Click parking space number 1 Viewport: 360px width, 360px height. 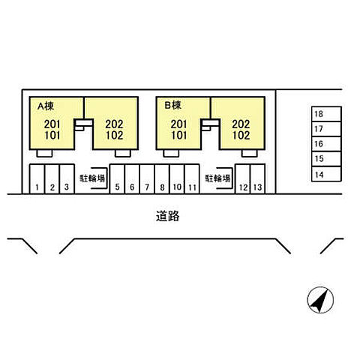coord(37,179)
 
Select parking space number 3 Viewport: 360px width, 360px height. coord(67,179)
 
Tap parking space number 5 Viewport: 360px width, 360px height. coord(117,179)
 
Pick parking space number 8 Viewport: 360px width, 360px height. coord(162,179)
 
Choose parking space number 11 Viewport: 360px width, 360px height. coord(192,179)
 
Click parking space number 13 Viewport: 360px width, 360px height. coord(258,179)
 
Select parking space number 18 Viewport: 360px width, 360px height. coord(326,114)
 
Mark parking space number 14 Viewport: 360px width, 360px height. coord(326,174)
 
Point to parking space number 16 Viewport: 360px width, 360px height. coord(326,144)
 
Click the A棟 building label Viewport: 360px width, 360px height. coord(46,106)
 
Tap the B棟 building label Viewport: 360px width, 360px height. coord(172,105)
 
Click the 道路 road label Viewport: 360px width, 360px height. coord(167,216)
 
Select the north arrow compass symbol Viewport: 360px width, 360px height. coord(320,300)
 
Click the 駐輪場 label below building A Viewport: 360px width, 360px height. coord(92,178)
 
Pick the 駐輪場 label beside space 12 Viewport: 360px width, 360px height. coord(217,178)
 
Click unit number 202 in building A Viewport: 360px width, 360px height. coord(114,124)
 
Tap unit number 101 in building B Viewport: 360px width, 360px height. coord(179,136)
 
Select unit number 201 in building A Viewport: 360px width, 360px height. coord(52,124)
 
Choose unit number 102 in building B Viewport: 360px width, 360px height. coord(241,136)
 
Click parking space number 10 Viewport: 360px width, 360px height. coord(177,179)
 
